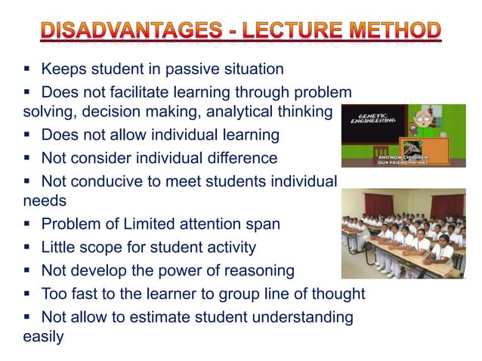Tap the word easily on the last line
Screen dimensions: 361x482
click(x=43, y=337)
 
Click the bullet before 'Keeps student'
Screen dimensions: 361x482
click(x=26, y=69)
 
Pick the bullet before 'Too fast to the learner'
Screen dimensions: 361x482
click(x=26, y=294)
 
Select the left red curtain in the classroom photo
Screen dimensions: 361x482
click(x=377, y=204)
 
